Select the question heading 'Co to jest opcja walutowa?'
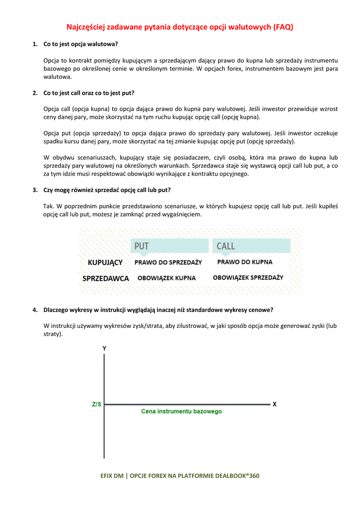coord(81,44)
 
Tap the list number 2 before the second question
coord(35,93)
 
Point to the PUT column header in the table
coord(142,246)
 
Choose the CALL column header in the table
coord(226,246)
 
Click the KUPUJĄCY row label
coord(105,262)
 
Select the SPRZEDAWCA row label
coord(106,278)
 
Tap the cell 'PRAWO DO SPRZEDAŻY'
coord(168,262)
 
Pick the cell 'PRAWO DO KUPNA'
coord(245,262)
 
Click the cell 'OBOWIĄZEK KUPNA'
coord(167,278)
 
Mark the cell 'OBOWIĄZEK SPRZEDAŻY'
coord(248,278)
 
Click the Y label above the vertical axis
coord(104,349)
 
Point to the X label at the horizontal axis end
coord(275,404)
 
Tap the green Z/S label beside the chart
coord(96,404)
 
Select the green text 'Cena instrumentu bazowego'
coord(181,411)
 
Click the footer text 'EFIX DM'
coord(112,476)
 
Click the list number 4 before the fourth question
coord(35,310)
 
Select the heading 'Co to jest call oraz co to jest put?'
coord(89,93)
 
